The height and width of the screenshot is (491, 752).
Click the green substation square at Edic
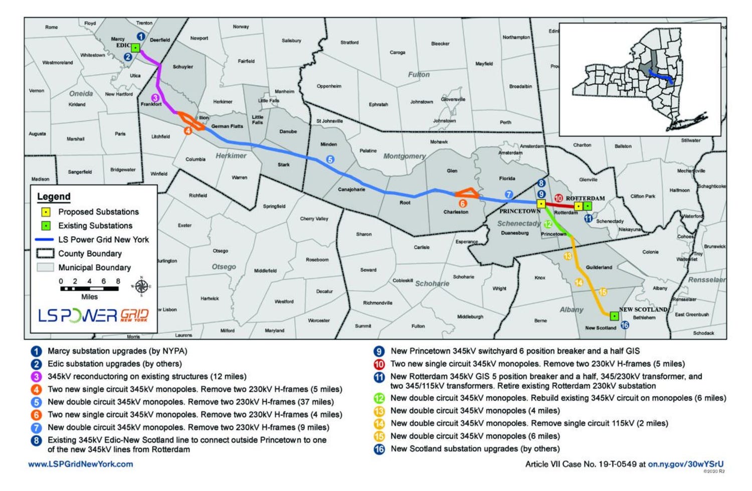(135, 48)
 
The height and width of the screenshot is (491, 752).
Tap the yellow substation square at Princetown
(541, 204)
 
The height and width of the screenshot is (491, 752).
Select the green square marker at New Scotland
(614, 316)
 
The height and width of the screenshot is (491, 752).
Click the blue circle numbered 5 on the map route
(330, 159)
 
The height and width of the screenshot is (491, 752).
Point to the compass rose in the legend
(141, 286)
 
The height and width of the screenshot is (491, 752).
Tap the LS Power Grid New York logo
(93, 315)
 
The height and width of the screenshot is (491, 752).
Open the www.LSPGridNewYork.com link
(81, 464)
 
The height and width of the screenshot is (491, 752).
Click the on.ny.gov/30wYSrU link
(686, 464)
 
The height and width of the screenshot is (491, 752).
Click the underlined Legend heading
(54, 197)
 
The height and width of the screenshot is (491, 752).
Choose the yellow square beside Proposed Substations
(46, 212)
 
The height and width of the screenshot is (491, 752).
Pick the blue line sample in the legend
(45, 240)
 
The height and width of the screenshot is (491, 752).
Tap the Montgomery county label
(404, 156)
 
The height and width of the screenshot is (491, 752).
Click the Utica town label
(135, 76)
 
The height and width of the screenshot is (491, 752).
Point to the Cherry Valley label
(314, 219)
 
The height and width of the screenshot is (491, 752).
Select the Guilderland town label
(599, 267)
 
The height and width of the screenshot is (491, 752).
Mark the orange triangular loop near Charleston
(467, 193)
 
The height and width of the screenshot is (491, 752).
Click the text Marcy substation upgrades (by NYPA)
(117, 351)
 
